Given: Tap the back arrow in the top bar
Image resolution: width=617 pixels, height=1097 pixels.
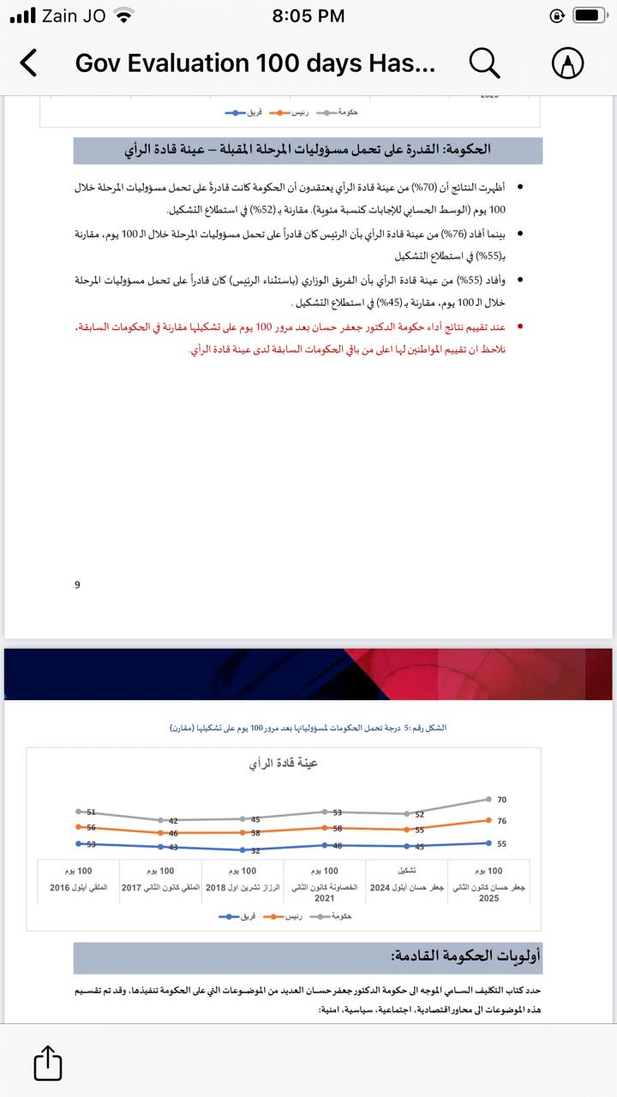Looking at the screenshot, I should pyautogui.click(x=29, y=63).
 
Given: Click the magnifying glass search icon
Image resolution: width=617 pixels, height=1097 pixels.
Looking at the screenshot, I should pyautogui.click(x=484, y=63).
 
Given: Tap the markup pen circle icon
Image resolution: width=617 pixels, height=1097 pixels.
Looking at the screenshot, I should pyautogui.click(x=567, y=63).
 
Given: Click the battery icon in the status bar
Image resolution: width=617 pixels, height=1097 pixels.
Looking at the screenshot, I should pyautogui.click(x=590, y=15).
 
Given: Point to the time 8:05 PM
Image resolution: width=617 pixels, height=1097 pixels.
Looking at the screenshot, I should pyautogui.click(x=308, y=15).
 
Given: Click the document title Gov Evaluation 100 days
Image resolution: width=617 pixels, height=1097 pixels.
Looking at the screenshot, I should pyautogui.click(x=255, y=63).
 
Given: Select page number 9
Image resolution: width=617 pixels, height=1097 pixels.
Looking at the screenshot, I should pyautogui.click(x=77, y=584).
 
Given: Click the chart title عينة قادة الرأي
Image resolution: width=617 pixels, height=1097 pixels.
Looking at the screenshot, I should pyautogui.click(x=283, y=762).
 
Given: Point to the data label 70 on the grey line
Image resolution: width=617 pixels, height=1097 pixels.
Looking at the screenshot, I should pyautogui.click(x=501, y=800).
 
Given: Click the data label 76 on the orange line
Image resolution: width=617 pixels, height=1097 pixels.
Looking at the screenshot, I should pyautogui.click(x=501, y=821).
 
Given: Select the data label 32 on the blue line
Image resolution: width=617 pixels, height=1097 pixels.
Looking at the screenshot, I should pyautogui.click(x=255, y=850).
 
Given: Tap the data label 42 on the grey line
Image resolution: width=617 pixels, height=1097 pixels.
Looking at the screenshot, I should pyautogui.click(x=172, y=821).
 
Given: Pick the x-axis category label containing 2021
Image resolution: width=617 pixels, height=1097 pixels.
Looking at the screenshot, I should pyautogui.click(x=324, y=891).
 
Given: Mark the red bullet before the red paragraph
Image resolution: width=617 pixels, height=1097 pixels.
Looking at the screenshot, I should pyautogui.click(x=519, y=327).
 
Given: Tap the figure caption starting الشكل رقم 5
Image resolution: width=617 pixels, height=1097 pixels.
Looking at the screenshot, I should pyautogui.click(x=308, y=728).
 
